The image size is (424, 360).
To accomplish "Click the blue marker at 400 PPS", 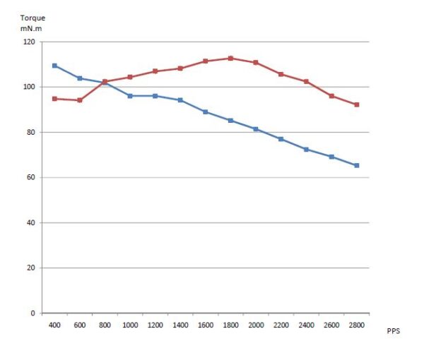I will pyautogui.click(x=54, y=66).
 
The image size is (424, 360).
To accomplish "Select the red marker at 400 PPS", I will pyautogui.click(x=54, y=99).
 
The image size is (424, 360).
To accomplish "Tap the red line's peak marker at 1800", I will pyautogui.click(x=230, y=58).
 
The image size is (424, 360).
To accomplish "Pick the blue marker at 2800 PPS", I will pyautogui.click(x=356, y=165).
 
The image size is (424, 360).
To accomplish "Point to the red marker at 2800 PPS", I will pyautogui.click(x=356, y=104).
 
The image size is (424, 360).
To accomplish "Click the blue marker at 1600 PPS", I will pyautogui.click(x=205, y=112).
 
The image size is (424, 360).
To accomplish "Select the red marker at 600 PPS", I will pyautogui.click(x=80, y=100).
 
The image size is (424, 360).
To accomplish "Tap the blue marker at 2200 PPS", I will pyautogui.click(x=281, y=139).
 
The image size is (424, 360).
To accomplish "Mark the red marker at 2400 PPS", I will pyautogui.click(x=306, y=82).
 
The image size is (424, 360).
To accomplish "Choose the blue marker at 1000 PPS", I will pyautogui.click(x=130, y=96).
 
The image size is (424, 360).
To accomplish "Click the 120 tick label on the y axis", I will pyautogui.click(x=28, y=42).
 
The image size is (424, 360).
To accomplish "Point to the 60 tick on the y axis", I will pyautogui.click(x=30, y=177).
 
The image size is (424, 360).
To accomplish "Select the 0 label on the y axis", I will pyautogui.click(x=33, y=313).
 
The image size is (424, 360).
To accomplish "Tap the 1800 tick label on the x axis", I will pyautogui.click(x=230, y=325).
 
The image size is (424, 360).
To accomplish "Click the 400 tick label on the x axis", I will pyautogui.click(x=54, y=325).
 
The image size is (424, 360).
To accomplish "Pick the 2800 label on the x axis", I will pyautogui.click(x=356, y=325).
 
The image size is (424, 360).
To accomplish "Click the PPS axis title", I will pyautogui.click(x=394, y=330).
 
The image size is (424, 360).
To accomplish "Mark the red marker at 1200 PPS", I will pyautogui.click(x=155, y=71).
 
